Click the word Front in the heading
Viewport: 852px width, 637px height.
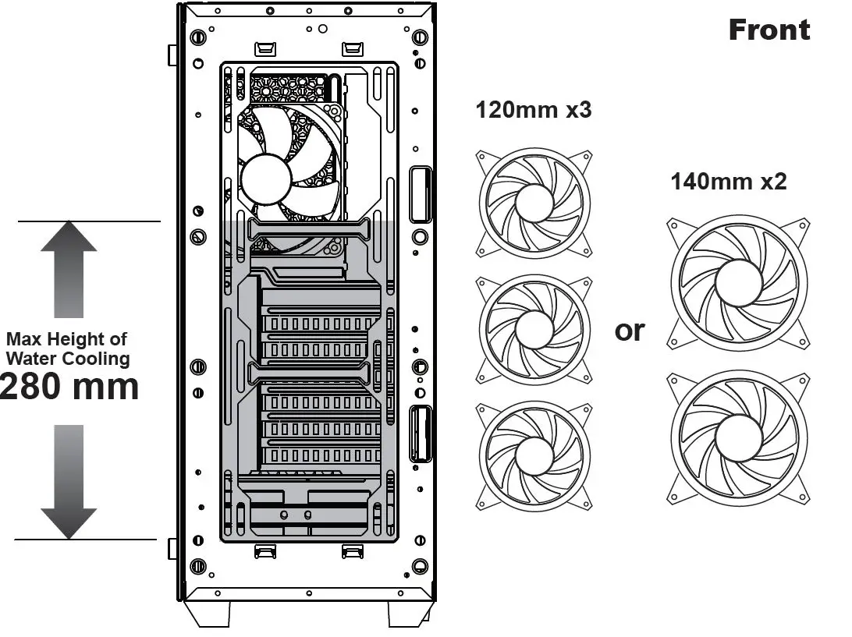(x=769, y=30)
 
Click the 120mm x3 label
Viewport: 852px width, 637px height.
(x=534, y=110)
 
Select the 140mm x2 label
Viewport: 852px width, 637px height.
(x=728, y=182)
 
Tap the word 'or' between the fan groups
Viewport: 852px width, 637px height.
(x=630, y=331)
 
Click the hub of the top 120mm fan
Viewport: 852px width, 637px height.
(x=534, y=203)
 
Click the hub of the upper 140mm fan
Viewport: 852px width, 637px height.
(x=737, y=283)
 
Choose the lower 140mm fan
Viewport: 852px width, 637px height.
(x=737, y=437)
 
